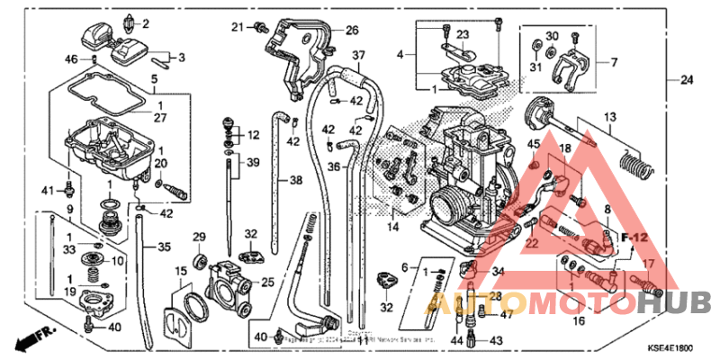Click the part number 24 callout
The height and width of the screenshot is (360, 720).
point(688,81)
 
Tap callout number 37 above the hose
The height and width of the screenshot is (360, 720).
point(358,56)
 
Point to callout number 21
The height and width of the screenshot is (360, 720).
point(237,26)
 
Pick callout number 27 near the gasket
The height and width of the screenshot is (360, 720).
point(160,117)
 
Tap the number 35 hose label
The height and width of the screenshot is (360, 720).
point(163,247)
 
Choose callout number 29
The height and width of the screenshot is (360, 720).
point(200,238)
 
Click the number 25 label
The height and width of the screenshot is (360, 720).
point(267,283)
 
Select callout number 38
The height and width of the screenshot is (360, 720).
point(295,180)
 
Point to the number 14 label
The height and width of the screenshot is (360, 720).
point(392,227)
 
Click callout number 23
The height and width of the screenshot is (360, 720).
point(463,35)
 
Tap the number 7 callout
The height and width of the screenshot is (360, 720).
point(615,63)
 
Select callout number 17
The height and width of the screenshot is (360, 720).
point(645,265)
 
